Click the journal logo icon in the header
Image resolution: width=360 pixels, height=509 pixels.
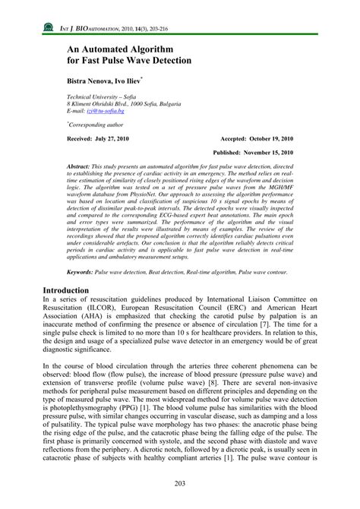point(49,29)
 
